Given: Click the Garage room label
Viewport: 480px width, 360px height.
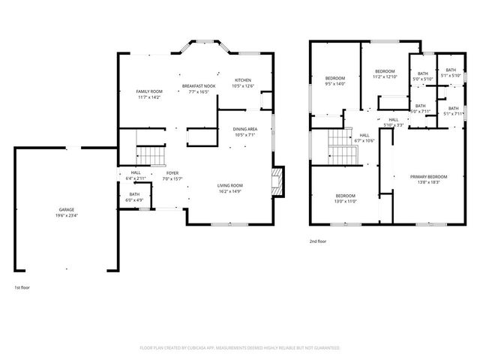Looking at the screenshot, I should [66, 209].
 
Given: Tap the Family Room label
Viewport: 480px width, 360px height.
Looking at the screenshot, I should [149, 91].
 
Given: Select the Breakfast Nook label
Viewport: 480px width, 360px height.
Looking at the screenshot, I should [199, 86].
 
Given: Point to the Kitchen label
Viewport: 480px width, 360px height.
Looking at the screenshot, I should [243, 80].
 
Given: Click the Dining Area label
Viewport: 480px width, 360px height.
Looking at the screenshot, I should [245, 129].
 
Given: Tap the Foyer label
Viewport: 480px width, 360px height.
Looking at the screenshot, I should [172, 172].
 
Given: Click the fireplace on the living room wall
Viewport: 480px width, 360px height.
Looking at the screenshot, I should [277, 181].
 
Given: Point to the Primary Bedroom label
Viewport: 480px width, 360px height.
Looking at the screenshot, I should [424, 176].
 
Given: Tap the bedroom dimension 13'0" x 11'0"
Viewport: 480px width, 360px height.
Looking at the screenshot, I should [345, 201].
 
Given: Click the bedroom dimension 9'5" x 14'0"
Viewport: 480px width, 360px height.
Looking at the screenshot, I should [335, 85].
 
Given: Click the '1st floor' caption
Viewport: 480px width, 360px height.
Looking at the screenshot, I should [22, 287].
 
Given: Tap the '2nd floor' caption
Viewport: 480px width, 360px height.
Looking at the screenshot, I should [318, 241].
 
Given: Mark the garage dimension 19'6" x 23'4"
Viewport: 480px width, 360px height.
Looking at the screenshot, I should [66, 215].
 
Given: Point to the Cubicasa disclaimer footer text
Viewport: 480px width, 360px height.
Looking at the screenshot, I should [240, 348].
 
